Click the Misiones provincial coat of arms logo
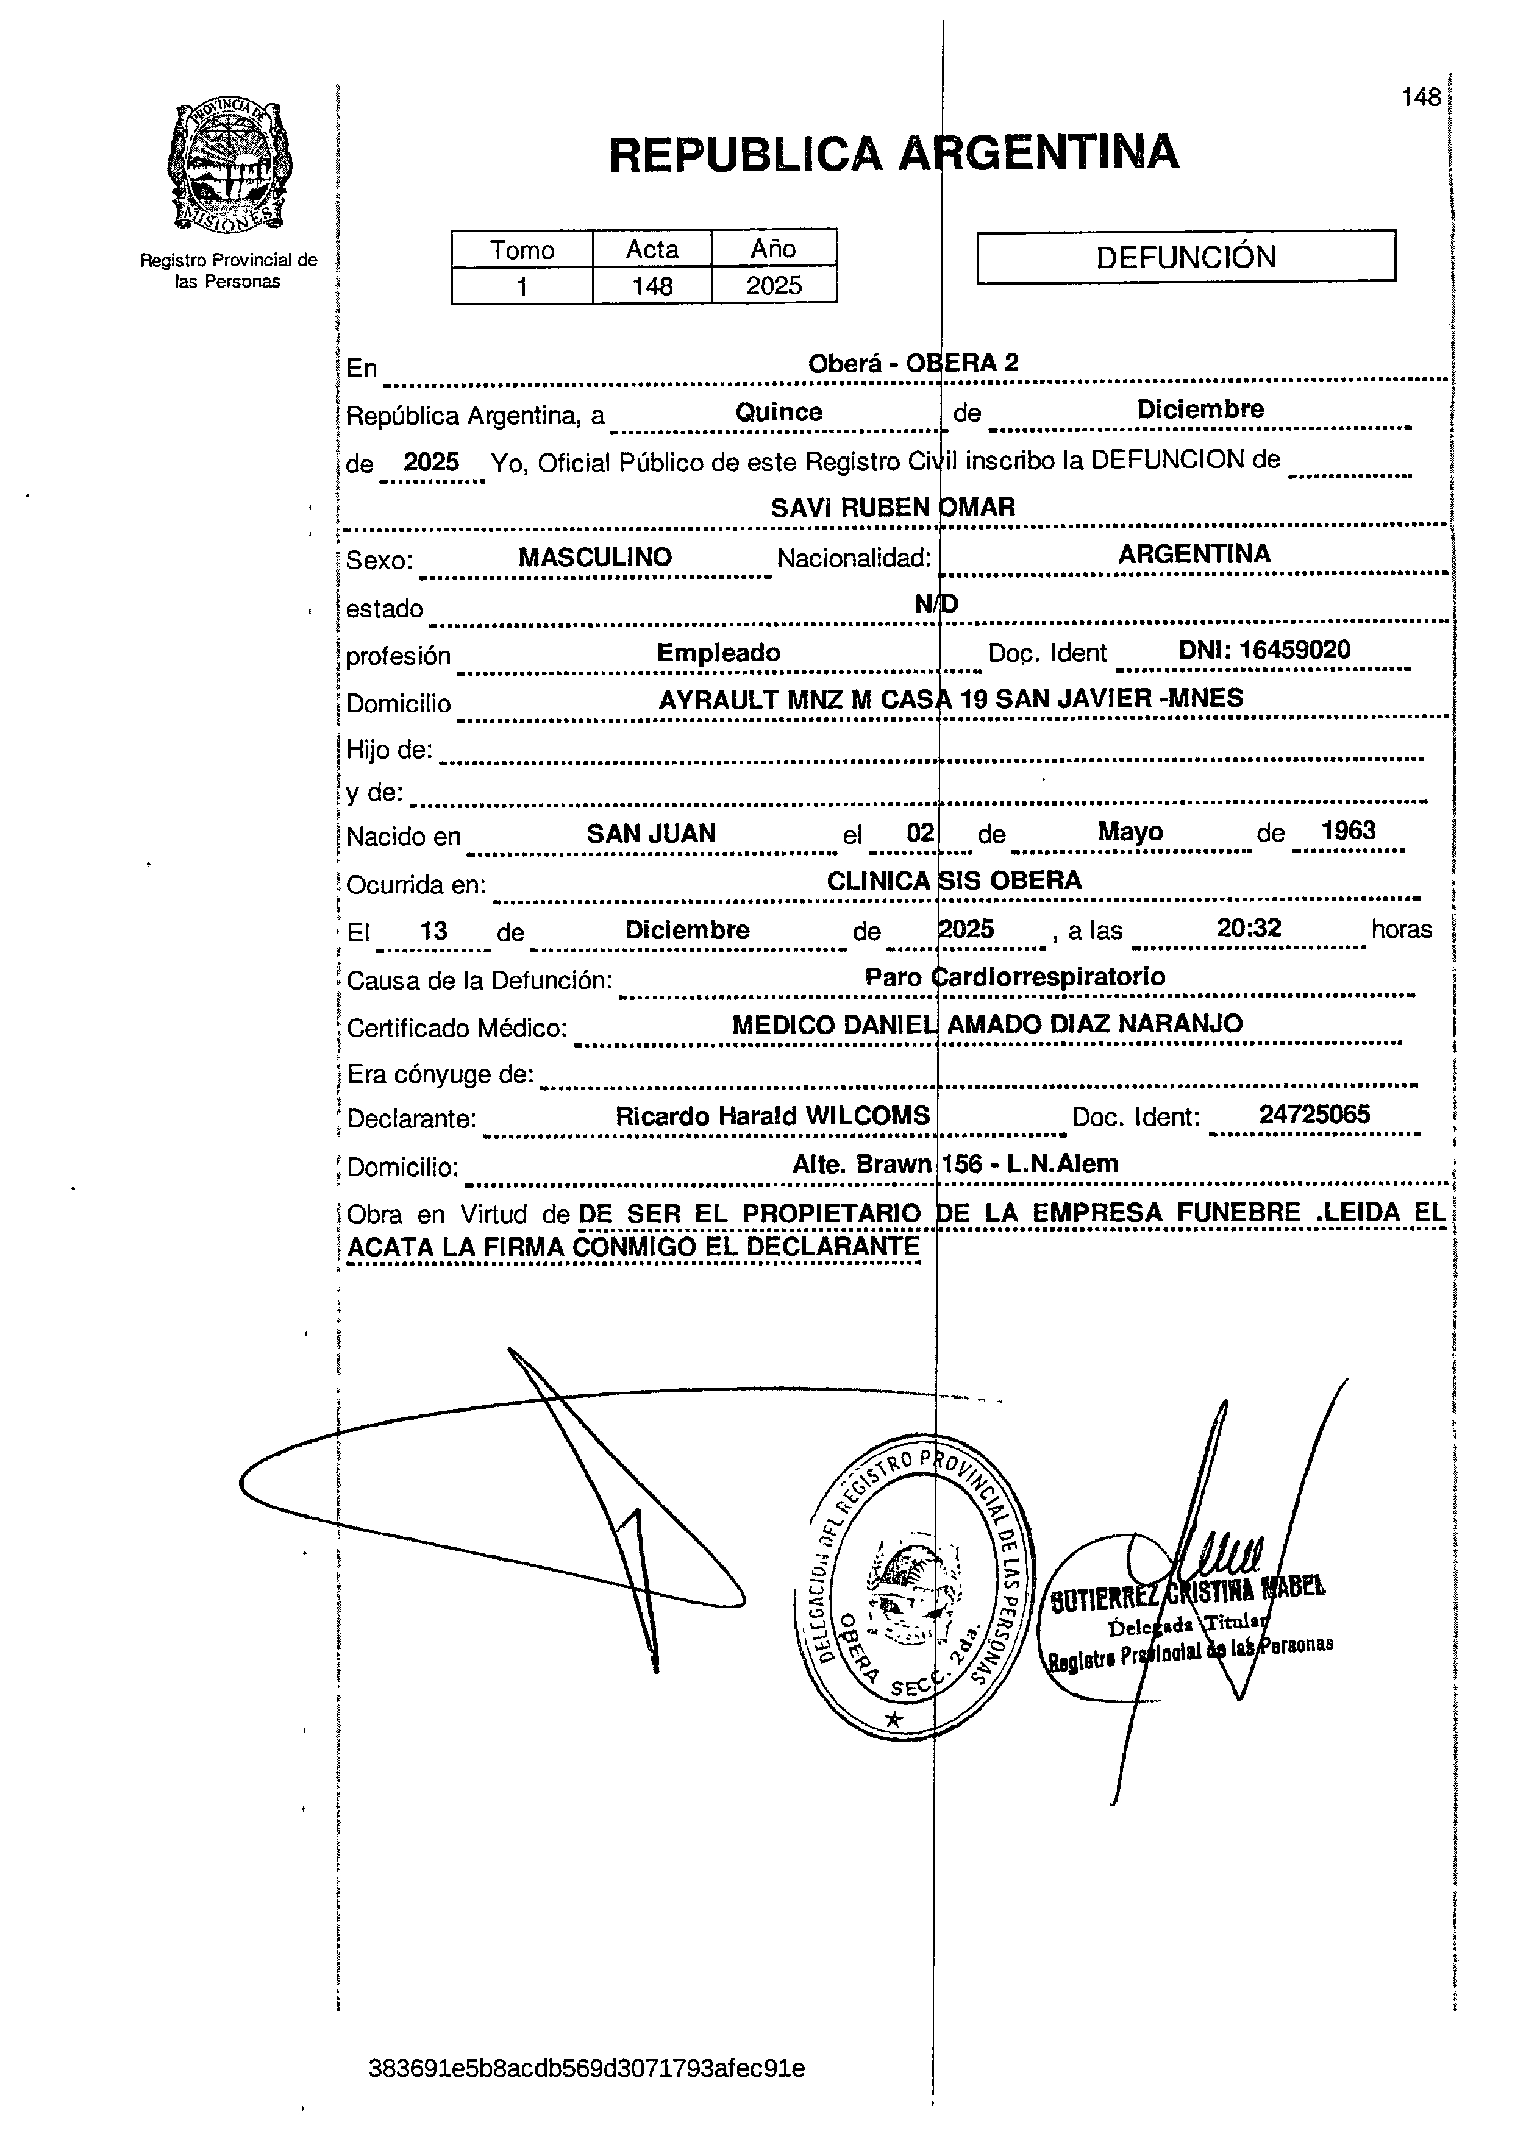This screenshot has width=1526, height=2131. (x=229, y=167)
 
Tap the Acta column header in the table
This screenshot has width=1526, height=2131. (x=652, y=249)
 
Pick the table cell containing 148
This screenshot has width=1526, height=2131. (x=652, y=286)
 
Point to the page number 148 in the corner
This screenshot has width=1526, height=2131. (x=1420, y=97)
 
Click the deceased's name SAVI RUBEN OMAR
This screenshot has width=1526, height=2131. (x=893, y=508)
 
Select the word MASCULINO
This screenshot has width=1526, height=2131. (x=595, y=557)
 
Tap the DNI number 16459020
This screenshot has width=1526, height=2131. (x=1265, y=650)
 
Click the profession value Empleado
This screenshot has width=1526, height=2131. (x=718, y=653)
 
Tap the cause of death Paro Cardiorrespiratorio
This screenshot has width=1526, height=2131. (x=1015, y=977)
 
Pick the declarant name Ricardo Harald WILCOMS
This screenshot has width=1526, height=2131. (x=772, y=1116)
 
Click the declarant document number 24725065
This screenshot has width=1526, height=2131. (x=1314, y=1115)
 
